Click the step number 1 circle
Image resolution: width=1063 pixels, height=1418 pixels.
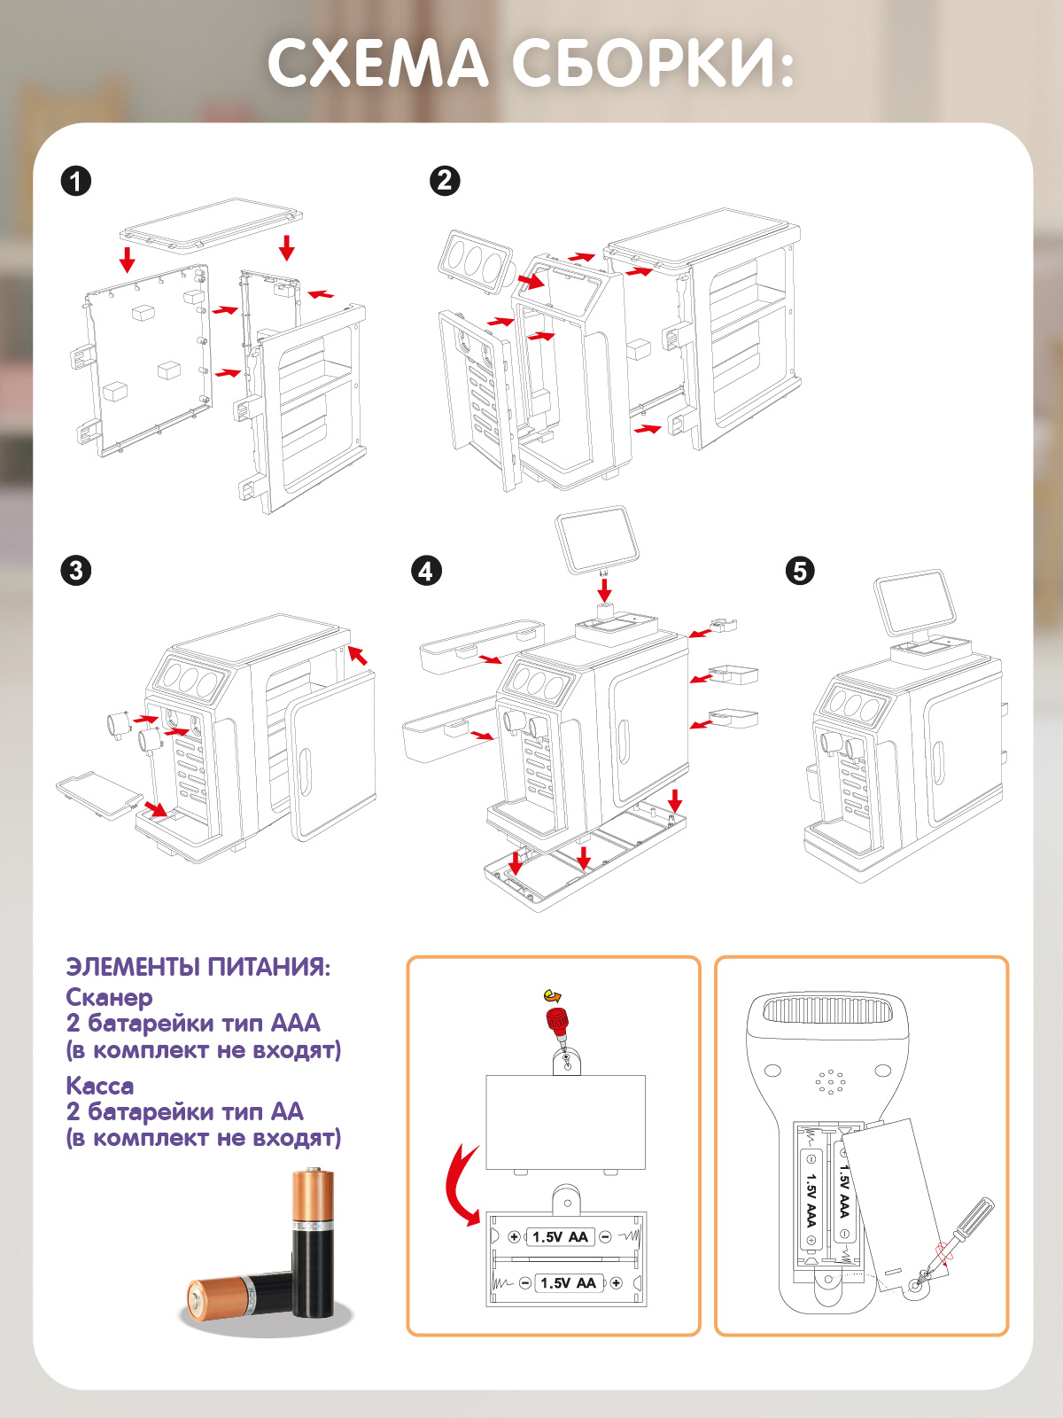(76, 182)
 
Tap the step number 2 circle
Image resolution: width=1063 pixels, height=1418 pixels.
(445, 181)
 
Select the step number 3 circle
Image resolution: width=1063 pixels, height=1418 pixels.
(76, 570)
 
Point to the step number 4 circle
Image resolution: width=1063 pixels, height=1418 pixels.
(426, 571)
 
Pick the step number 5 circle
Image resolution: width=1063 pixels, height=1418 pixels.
(800, 571)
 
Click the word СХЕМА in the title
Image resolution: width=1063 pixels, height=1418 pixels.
(378, 64)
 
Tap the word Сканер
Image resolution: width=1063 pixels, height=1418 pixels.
(109, 997)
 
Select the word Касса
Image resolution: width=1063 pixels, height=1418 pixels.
(100, 1086)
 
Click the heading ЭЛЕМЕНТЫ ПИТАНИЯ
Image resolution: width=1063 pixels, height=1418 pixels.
(198, 966)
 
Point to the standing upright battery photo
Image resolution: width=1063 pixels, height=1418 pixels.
(314, 1241)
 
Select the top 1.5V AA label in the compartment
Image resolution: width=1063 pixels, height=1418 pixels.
(560, 1237)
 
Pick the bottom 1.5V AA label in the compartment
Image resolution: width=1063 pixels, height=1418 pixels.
(568, 1282)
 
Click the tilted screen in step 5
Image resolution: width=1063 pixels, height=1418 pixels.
(914, 602)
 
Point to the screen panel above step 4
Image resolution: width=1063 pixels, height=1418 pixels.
(592, 538)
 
